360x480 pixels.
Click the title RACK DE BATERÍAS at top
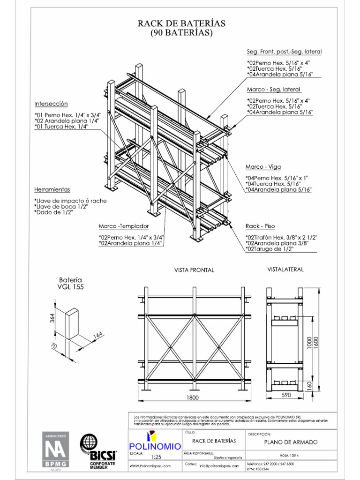coord(181,23)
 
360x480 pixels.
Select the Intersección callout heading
coord(51,104)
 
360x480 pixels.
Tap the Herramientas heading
coord(52,189)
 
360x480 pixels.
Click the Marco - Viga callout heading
coord(263,167)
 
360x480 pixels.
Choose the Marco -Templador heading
coord(124,225)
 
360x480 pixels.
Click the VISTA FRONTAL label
coord(194,270)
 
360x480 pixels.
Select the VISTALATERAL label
coord(285,270)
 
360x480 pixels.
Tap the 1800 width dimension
coord(192,398)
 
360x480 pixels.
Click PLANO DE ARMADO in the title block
coord(290,442)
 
